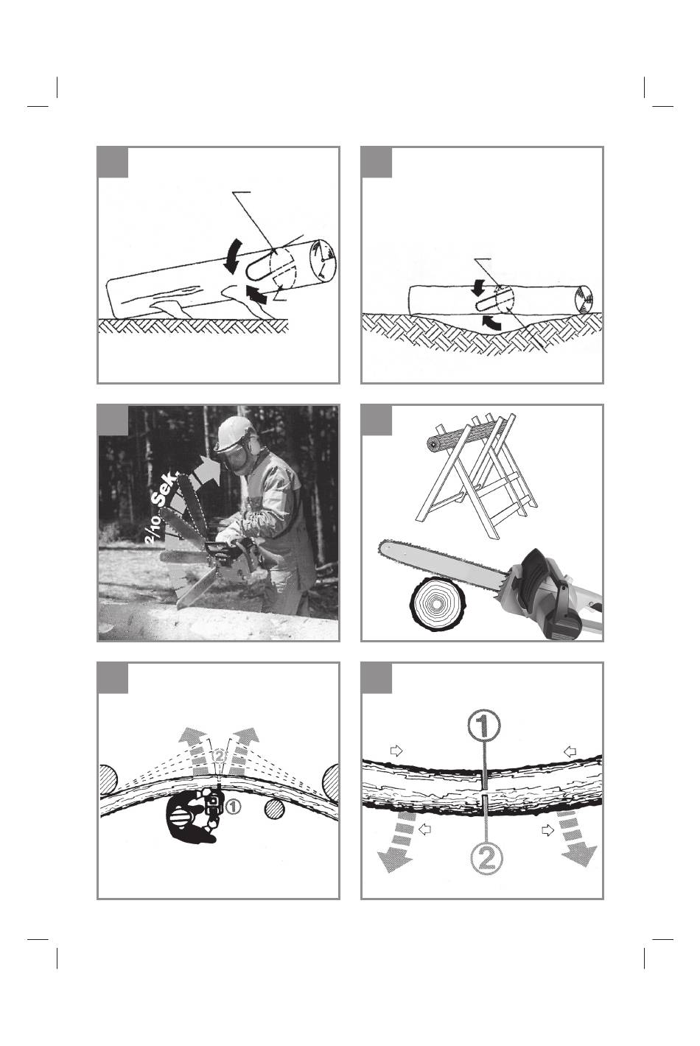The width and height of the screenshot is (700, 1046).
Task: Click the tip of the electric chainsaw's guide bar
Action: coord(379,547)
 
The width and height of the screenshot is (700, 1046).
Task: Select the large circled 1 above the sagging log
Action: coord(484,725)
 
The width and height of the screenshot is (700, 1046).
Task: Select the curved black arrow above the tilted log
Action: coord(233,255)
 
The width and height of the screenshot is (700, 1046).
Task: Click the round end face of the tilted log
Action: coord(324,261)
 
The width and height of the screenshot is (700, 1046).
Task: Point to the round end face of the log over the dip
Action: coord(584,299)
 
